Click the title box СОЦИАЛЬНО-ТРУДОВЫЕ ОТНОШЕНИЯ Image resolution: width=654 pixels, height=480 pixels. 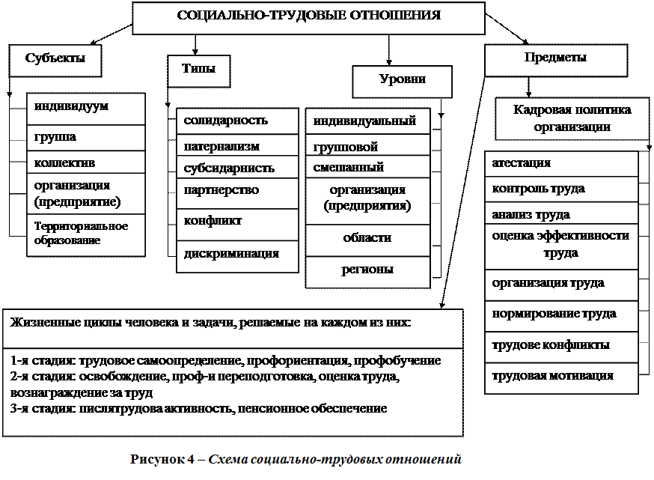pyautogui.click(x=308, y=17)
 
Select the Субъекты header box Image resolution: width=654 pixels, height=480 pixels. pyautogui.click(x=55, y=60)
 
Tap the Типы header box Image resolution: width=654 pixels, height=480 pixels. pyautogui.click(x=198, y=70)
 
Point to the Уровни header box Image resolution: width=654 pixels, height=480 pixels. pyautogui.click(x=402, y=81)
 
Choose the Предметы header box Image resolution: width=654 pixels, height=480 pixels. pyautogui.click(x=555, y=60)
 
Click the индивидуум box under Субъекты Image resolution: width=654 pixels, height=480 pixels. pyautogui.click(x=85, y=109)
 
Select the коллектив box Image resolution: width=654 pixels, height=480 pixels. pyautogui.click(x=85, y=162)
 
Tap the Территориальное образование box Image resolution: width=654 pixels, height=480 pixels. pyautogui.click(x=85, y=234)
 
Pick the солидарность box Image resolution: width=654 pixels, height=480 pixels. pyautogui.click(x=237, y=121)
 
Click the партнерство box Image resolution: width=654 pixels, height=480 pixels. pyautogui.click(x=237, y=192)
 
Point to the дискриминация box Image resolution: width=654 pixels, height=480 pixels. pyautogui.click(x=237, y=255)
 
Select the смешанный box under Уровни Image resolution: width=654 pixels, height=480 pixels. pyautogui.click(x=367, y=167)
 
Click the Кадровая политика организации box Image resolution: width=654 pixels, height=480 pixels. pyautogui.click(x=572, y=118)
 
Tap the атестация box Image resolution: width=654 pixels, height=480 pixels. pyautogui.click(x=561, y=164)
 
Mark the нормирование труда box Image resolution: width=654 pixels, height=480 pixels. pyautogui.click(x=561, y=315)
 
